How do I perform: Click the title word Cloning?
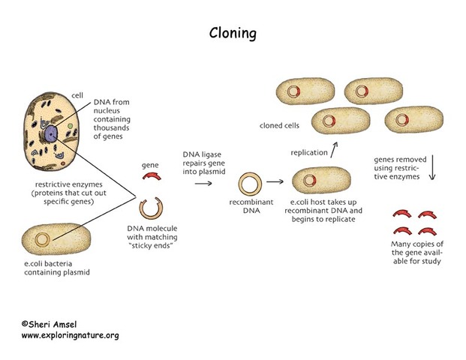point(232,34)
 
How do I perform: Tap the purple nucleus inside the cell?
point(51,133)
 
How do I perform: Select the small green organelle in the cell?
point(68,117)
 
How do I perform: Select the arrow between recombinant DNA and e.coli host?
point(276,181)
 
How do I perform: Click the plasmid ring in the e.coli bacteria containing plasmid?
point(44,239)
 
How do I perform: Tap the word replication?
point(308,152)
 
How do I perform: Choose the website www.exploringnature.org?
point(69,335)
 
